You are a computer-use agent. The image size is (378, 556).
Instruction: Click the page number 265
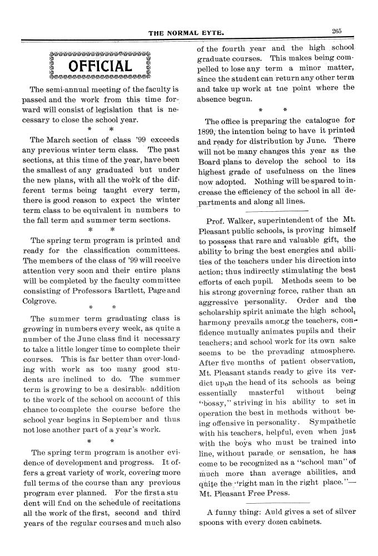pyautogui.click(x=336, y=32)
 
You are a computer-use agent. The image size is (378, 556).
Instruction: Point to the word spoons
pyautogui.click(x=213, y=523)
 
